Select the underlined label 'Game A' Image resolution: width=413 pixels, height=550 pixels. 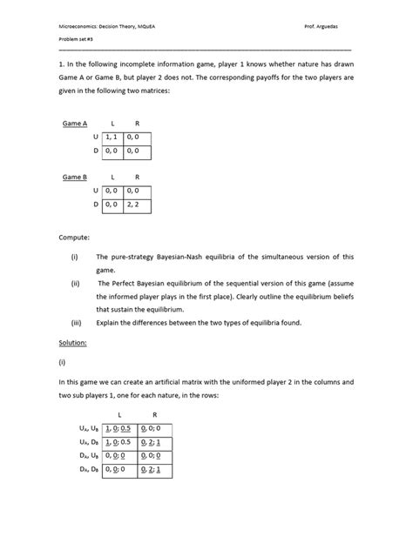[x=74, y=124]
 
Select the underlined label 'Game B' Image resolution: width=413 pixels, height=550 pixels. [x=74, y=177]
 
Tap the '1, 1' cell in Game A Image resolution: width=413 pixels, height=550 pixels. [x=111, y=137]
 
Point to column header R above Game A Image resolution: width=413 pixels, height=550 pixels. [x=136, y=124]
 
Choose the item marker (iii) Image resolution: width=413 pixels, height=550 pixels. [x=77, y=325]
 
